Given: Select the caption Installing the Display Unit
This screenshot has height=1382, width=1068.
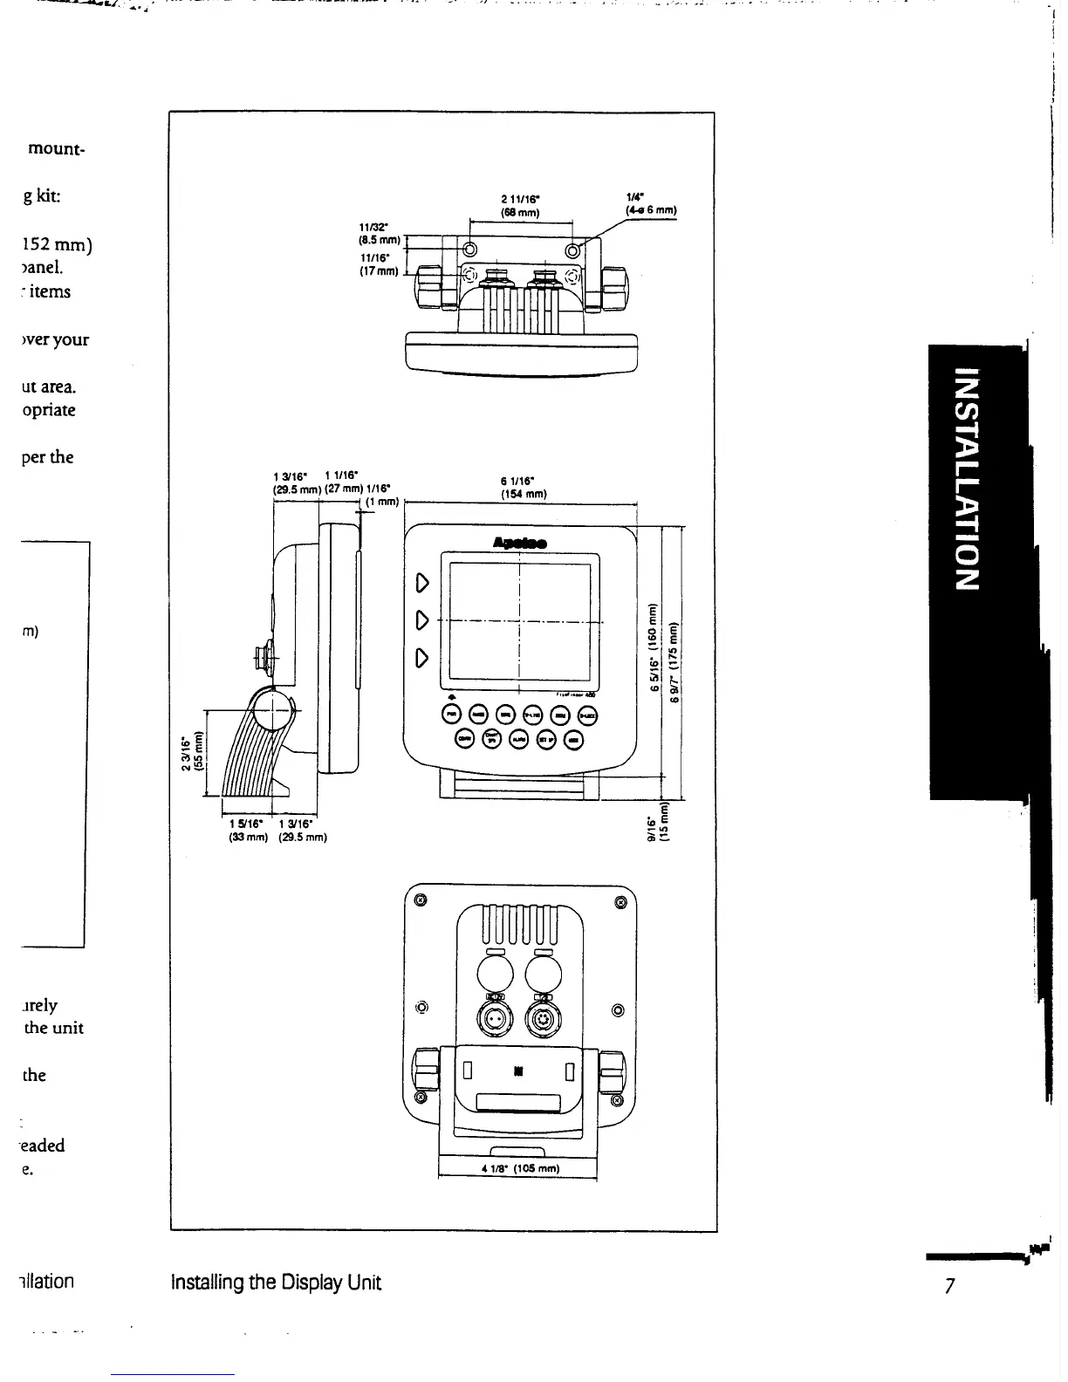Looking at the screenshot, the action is [277, 1283].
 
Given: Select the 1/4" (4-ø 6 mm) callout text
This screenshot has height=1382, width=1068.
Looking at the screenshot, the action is [651, 204].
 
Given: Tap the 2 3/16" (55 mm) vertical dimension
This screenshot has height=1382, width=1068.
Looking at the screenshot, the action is [192, 753].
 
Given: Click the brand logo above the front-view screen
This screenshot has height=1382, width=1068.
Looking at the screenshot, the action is [520, 543].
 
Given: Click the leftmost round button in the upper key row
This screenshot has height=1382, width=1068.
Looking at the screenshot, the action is [452, 714].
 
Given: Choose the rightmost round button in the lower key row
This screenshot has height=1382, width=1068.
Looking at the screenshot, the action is [573, 739].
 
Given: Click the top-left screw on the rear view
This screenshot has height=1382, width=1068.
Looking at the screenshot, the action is [421, 900].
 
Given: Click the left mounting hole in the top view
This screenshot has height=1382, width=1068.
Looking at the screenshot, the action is [469, 250].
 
